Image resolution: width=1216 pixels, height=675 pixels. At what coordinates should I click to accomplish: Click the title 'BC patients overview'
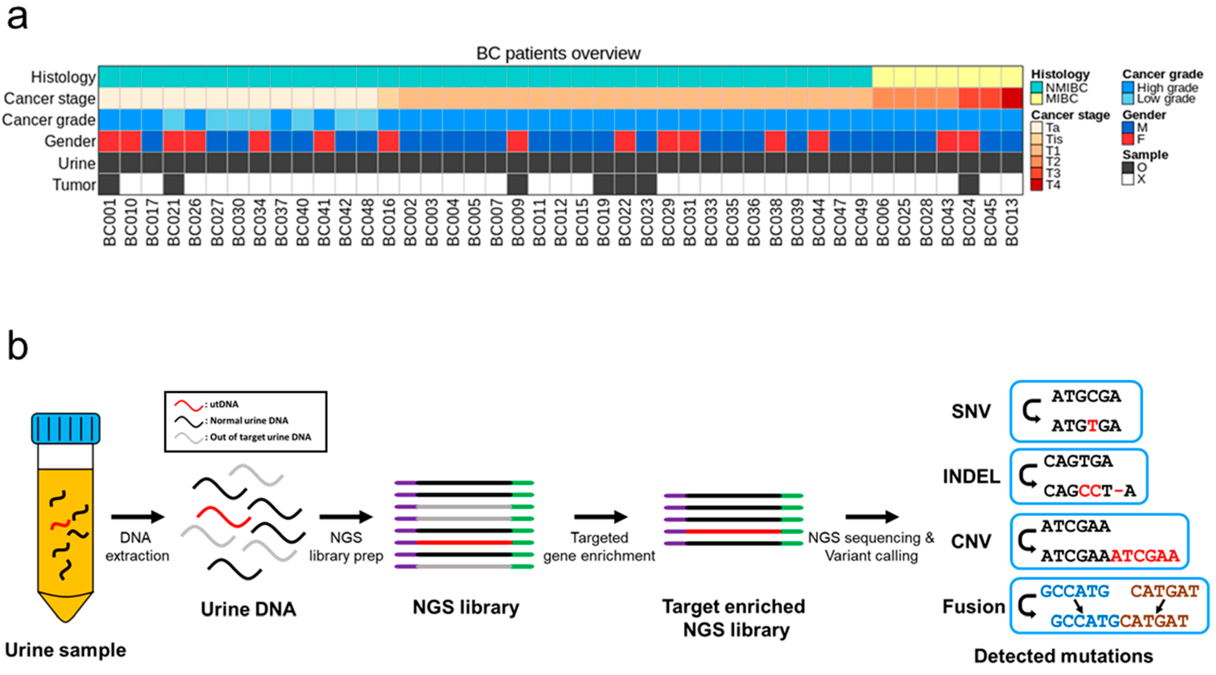point(558,53)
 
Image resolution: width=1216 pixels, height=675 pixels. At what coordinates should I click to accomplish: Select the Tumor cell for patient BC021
point(173,184)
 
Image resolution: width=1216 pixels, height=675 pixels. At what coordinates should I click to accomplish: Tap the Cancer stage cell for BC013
point(1012,98)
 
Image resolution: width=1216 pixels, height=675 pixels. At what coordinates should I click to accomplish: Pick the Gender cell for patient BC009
point(517,141)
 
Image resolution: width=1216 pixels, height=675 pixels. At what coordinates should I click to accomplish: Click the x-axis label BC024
point(969,222)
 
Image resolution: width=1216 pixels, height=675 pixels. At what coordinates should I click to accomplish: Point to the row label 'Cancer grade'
point(49,120)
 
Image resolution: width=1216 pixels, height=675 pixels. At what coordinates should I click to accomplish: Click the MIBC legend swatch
point(1037,99)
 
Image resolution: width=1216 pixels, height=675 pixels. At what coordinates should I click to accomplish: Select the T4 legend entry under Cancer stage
point(1037,185)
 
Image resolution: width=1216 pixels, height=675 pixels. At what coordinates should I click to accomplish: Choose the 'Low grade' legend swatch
point(1128,99)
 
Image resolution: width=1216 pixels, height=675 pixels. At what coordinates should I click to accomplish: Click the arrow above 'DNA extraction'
point(137,517)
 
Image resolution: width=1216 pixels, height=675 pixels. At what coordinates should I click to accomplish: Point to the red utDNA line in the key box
point(188,405)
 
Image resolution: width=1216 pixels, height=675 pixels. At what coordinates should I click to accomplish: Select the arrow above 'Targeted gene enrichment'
point(601,517)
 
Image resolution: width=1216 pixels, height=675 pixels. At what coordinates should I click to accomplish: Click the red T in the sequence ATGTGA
point(1092,426)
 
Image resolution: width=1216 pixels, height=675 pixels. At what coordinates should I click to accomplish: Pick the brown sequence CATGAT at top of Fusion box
point(1165,591)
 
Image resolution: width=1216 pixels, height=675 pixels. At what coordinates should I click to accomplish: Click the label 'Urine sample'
point(66,650)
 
